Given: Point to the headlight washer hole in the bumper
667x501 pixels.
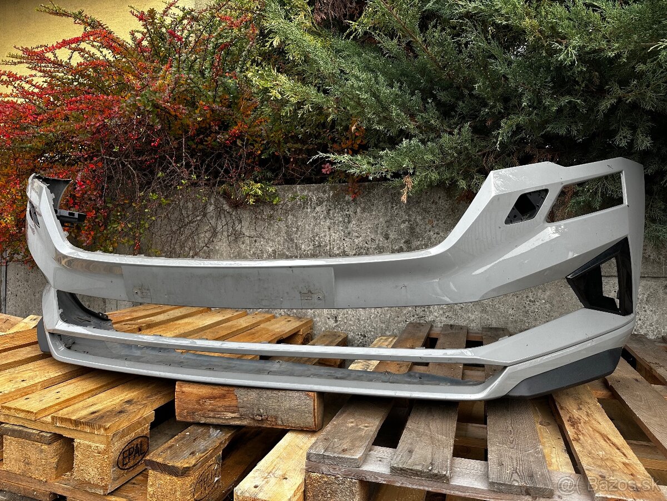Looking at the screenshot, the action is (x=526, y=207).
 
